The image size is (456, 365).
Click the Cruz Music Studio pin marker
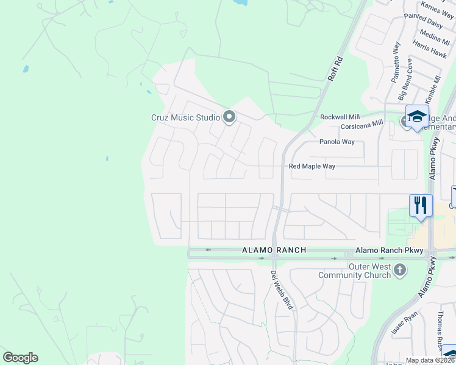coord(229,116)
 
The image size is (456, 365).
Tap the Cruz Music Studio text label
coord(186,117)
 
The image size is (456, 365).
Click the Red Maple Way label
coord(312,166)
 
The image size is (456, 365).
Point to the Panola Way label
coord(337,142)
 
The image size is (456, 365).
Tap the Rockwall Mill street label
coord(340,117)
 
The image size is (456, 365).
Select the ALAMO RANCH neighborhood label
coord(274,250)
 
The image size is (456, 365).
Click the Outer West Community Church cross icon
coord(399,269)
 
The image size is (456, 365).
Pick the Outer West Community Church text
coord(369,271)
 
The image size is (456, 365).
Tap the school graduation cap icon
coord(418,116)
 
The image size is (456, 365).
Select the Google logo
coord(20,358)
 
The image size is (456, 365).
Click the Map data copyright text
coord(430,360)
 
